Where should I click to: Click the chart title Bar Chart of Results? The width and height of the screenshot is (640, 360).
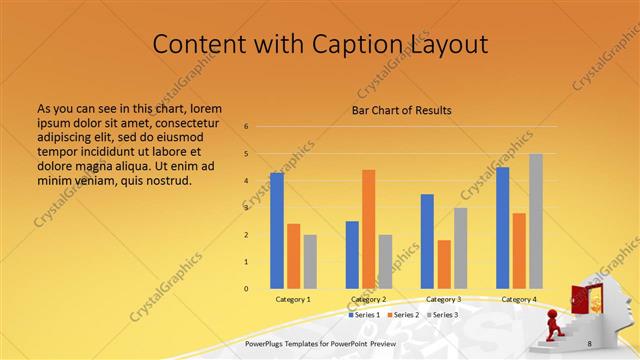(401, 110)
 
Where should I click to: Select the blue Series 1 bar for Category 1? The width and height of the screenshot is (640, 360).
(277, 230)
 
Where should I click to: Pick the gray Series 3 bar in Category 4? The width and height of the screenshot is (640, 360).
(536, 221)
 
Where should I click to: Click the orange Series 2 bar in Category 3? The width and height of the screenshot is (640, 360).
(444, 264)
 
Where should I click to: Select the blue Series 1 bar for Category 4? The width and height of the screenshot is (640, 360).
(503, 227)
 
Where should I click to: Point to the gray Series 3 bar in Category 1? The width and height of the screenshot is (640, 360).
(310, 261)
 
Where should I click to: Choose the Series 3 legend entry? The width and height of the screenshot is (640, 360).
(443, 315)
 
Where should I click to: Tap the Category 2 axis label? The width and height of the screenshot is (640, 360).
(369, 299)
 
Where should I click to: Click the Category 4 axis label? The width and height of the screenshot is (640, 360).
(518, 299)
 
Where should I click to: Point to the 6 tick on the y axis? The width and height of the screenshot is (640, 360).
(246, 127)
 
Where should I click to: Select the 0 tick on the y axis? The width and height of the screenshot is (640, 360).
(246, 289)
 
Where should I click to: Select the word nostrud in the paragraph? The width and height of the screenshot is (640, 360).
(166, 180)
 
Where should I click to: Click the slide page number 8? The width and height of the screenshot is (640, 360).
(589, 343)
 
